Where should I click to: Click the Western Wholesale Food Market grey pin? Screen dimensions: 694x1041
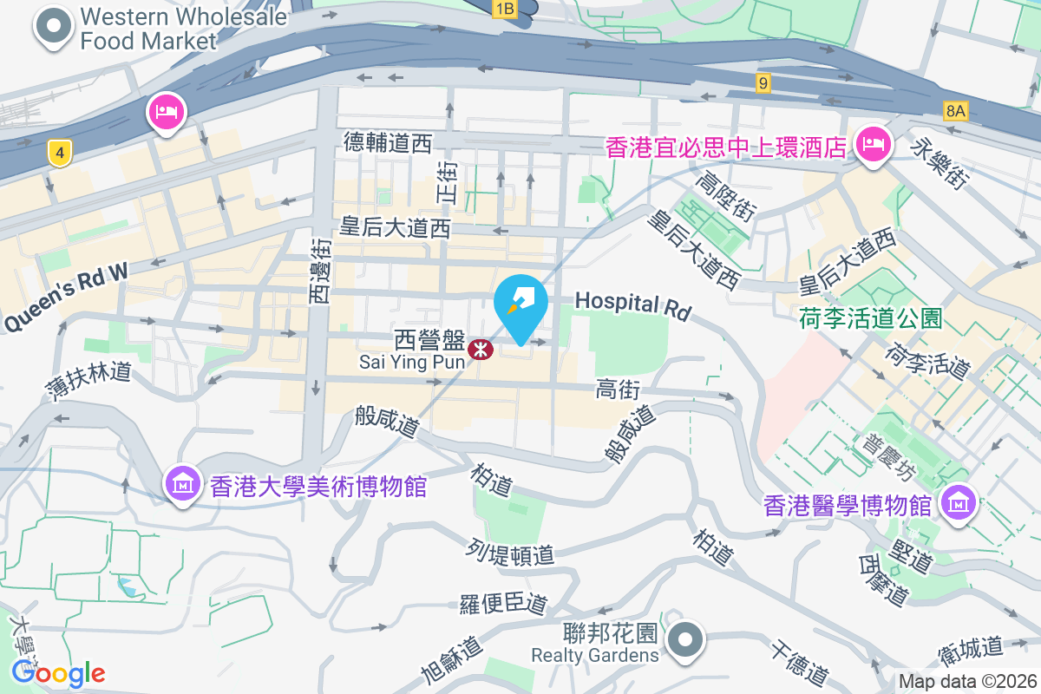point(55,26)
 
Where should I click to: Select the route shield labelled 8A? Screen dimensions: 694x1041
point(956,110)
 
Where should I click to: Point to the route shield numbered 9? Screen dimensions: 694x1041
point(763,83)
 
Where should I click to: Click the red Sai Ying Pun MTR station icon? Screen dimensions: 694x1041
point(479,350)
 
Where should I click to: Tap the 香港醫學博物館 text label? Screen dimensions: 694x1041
point(848,504)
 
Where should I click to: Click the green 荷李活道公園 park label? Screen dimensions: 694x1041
point(870,319)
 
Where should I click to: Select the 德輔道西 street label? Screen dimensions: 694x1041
point(387,142)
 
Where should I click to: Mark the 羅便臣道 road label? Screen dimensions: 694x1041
point(504,603)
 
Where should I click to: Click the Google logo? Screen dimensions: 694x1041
point(57,672)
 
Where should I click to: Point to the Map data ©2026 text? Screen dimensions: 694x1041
point(967,682)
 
